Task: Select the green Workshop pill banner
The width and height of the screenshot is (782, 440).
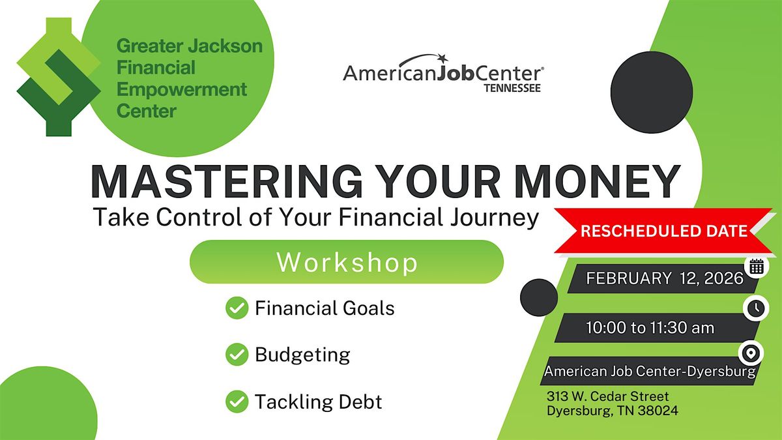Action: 347,261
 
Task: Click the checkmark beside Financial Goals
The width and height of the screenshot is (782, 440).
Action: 237,308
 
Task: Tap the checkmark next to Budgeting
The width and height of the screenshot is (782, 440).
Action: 237,355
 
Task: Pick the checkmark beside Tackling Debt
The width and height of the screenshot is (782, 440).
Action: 237,402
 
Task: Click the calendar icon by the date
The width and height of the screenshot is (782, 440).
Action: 757,267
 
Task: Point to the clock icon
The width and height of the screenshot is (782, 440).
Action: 756,308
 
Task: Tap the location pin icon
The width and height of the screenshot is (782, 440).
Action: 751,353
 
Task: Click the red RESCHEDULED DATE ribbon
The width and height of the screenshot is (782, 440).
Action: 663,231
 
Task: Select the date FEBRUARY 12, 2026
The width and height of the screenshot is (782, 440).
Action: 665,278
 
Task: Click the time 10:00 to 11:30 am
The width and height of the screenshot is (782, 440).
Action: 650,328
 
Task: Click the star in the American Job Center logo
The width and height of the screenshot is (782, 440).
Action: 442,57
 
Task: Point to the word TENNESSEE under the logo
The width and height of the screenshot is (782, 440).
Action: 512,88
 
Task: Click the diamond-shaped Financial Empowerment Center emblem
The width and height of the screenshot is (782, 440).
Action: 59,77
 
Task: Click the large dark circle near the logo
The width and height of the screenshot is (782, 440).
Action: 652,92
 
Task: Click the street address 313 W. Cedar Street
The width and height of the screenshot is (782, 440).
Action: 607,396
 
